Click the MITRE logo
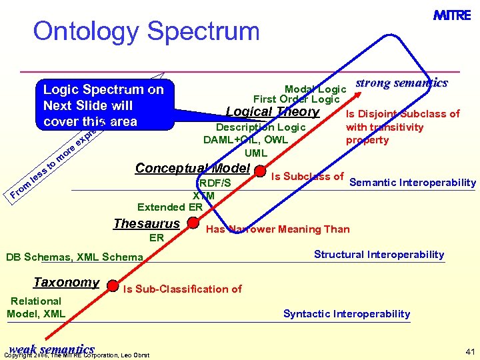click(452, 15)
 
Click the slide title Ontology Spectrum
click(146, 31)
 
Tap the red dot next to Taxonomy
click(113, 285)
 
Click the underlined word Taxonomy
click(66, 283)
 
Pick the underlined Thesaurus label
click(147, 224)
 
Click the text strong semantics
click(401, 83)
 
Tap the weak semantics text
click(52, 349)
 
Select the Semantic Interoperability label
click(413, 183)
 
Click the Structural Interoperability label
click(379, 254)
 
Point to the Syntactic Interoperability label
click(347, 313)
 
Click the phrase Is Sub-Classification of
click(182, 289)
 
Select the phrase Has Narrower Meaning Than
click(278, 229)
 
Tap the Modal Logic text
click(315, 89)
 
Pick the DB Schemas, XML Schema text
click(74, 257)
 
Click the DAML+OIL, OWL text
click(246, 140)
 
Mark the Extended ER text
click(170, 207)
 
